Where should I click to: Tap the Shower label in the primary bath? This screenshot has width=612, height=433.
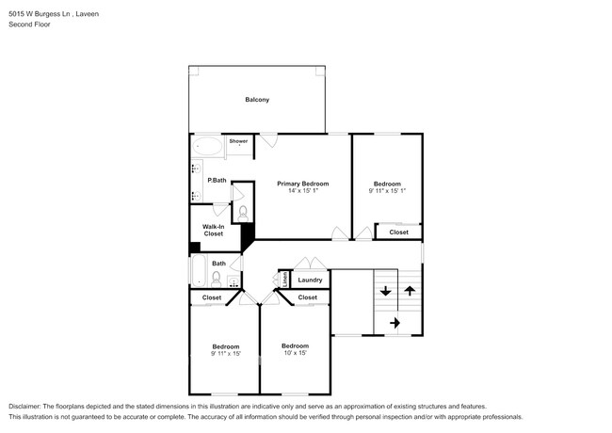(x=238, y=141)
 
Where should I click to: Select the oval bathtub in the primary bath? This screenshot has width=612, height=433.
(x=207, y=147)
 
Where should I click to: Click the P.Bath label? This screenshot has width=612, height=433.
(x=217, y=180)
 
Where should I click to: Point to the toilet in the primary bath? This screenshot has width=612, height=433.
(x=242, y=211)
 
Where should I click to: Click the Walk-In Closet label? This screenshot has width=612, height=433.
(x=213, y=230)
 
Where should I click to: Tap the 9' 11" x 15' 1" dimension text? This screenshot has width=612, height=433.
(x=387, y=191)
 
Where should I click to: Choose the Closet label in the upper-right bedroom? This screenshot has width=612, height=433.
(x=399, y=232)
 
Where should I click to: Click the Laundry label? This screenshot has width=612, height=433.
(x=310, y=280)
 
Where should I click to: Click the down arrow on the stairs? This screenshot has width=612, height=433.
(x=385, y=292)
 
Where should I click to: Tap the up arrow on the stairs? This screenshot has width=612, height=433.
(x=410, y=292)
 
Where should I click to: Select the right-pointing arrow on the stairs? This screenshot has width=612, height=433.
(x=395, y=323)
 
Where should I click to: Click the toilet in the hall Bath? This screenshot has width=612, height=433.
(x=217, y=279)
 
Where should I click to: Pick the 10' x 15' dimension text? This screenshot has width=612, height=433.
(x=295, y=353)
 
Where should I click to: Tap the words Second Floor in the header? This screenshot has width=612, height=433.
(x=30, y=24)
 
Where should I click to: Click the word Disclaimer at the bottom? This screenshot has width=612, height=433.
(x=29, y=404)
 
